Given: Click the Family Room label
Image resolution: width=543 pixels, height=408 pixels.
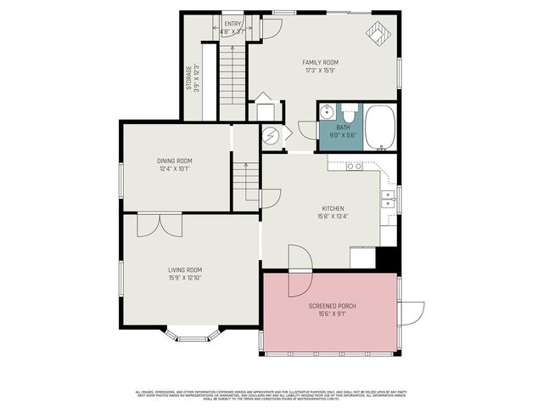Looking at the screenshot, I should coord(320,63).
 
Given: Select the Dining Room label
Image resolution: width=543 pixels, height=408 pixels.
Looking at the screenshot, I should coord(174,161).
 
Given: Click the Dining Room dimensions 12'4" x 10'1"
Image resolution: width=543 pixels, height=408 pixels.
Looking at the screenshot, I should coord(174,168).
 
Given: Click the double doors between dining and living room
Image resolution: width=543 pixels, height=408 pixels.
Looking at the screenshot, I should coord(160,224).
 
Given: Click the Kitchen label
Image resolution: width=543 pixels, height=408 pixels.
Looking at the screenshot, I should coord(332,208).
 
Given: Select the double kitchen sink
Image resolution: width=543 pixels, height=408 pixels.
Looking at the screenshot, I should coord(387,200).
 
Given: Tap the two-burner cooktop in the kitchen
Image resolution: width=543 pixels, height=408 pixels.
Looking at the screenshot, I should coord(355,166).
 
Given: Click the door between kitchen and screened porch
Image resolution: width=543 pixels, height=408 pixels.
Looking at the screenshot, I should coord(300,260).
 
